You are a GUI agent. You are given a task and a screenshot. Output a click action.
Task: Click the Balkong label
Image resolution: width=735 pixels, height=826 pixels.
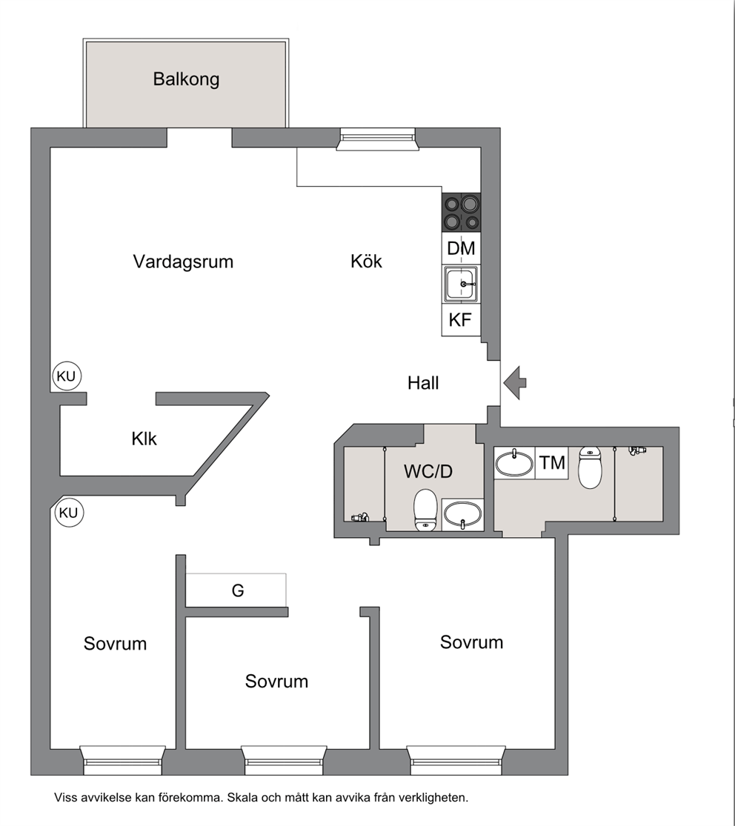click(x=186, y=79)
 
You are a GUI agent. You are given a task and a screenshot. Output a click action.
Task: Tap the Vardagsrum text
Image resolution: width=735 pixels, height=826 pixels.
click(x=183, y=262)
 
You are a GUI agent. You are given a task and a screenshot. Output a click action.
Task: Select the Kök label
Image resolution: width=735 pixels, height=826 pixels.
click(x=366, y=261)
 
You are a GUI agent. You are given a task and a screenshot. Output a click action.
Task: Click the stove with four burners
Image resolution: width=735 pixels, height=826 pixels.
click(x=461, y=213)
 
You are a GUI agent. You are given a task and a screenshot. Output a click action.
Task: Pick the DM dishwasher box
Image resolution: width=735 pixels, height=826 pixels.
click(x=461, y=248)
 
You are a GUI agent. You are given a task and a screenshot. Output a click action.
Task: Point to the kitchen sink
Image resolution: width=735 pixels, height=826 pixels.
click(x=461, y=284)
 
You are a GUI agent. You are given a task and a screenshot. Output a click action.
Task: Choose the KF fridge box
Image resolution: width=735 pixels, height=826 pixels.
click(x=461, y=320)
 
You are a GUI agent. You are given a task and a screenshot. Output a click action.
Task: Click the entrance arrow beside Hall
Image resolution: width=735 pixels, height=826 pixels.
click(x=515, y=382)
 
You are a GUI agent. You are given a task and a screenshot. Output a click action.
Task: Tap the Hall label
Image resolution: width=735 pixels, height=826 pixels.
click(x=423, y=383)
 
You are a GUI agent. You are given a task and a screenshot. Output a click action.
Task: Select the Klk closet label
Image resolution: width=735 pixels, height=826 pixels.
click(x=144, y=439)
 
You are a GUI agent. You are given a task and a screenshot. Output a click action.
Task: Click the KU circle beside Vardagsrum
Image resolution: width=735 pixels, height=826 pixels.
click(x=67, y=376)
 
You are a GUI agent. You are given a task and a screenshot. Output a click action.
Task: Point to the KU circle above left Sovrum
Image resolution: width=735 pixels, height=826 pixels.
click(x=69, y=513)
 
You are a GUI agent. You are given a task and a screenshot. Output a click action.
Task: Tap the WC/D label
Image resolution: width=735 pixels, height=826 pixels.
click(x=428, y=471)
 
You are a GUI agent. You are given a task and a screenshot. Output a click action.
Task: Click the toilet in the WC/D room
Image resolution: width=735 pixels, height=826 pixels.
click(x=426, y=510)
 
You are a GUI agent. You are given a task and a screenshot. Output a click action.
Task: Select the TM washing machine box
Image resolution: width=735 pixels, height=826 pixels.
click(x=552, y=462)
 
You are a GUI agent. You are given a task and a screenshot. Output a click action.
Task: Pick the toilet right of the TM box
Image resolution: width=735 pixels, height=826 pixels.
click(x=590, y=467)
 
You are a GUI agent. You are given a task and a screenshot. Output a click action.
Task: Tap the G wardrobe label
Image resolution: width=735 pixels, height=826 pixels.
click(x=238, y=590)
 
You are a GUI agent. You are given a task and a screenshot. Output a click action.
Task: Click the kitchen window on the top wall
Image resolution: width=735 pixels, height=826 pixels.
click(x=377, y=139)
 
